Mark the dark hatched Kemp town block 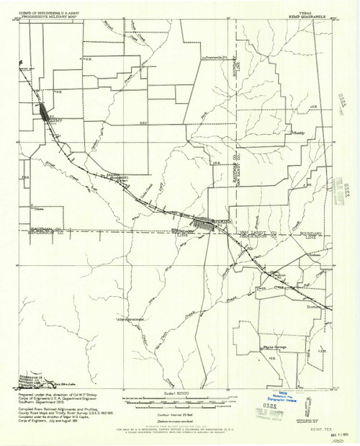pyautogui.click(x=44, y=112)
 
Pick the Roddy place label pyautogui.click(x=302, y=133)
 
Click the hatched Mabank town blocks pyautogui.click(x=211, y=225)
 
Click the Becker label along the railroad pyautogui.click(x=116, y=177)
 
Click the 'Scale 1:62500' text pyautogui.click(x=172, y=393)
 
